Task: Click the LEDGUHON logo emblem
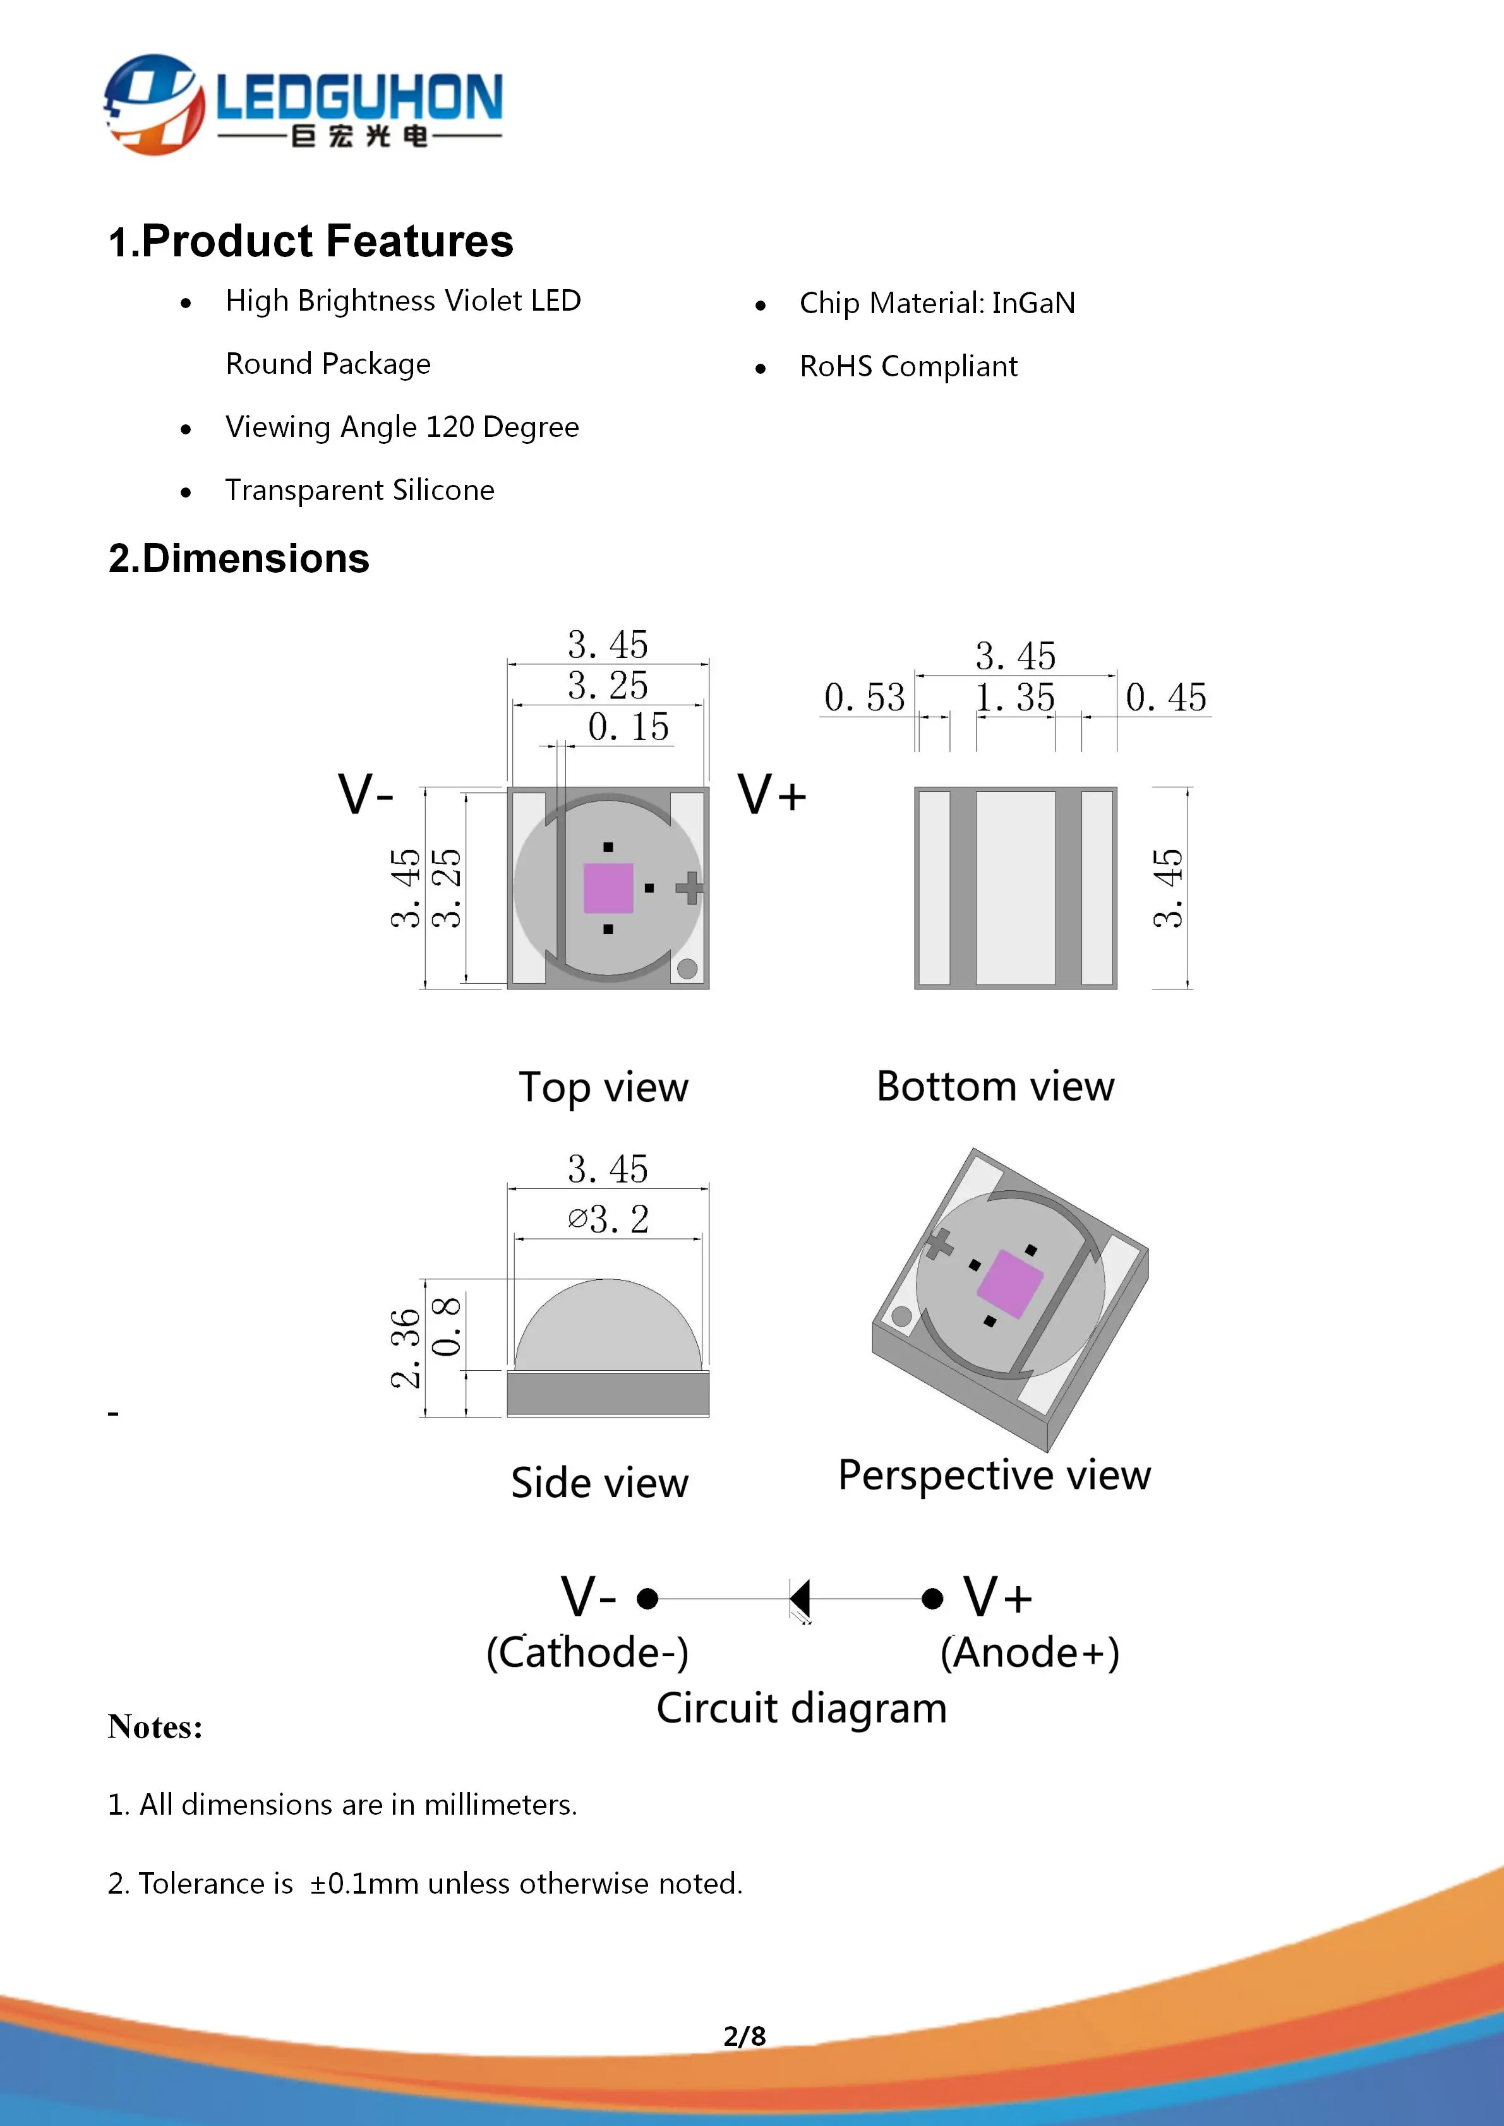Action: (153, 104)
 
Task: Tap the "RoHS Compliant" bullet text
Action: (908, 367)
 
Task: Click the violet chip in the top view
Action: (608, 888)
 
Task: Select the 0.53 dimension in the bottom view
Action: (864, 697)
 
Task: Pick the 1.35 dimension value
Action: (1015, 697)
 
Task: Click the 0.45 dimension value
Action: (1166, 697)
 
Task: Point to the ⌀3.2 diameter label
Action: (608, 1219)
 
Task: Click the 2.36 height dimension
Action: (406, 1348)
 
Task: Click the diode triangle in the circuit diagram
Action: (800, 1598)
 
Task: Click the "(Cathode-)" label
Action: (587, 1653)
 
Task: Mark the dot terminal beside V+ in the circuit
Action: (932, 1598)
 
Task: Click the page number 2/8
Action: (745, 2036)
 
